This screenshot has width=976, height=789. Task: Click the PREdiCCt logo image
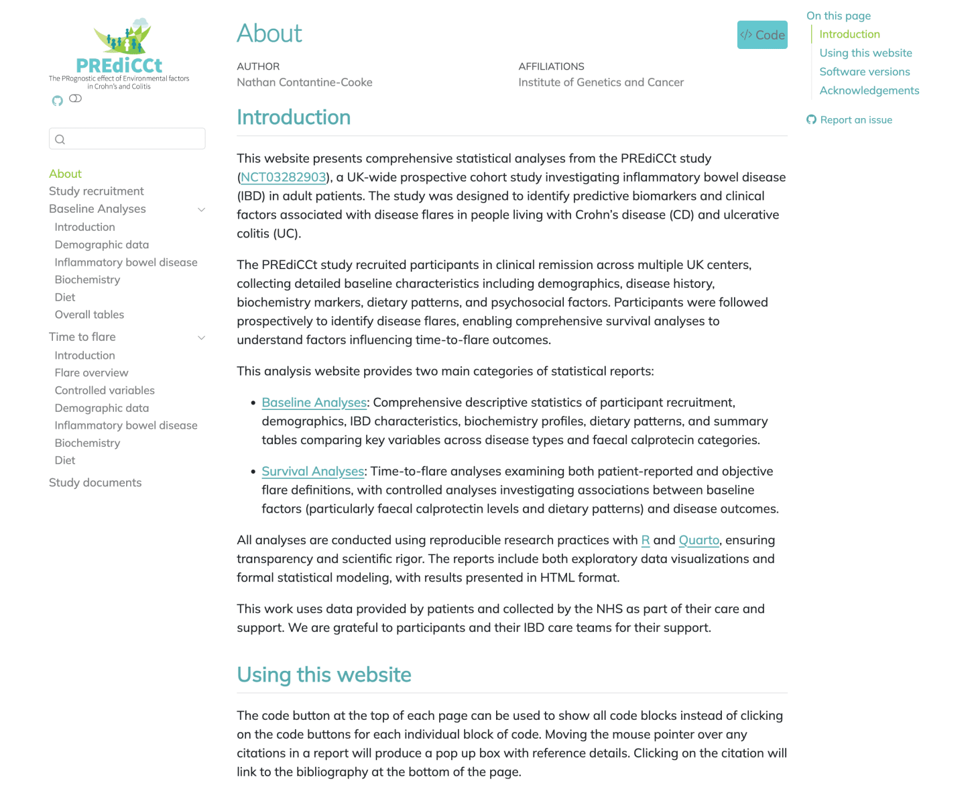click(119, 54)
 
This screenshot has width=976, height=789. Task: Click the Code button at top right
click(762, 35)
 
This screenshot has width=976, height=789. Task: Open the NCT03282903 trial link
click(283, 177)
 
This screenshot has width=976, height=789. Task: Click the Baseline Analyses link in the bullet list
click(314, 403)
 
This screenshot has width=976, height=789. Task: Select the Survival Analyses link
click(312, 471)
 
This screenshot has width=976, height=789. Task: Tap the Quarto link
click(698, 540)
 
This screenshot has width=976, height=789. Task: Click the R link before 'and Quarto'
click(646, 540)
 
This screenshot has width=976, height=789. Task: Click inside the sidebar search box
click(127, 139)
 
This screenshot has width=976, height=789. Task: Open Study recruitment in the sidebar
click(97, 191)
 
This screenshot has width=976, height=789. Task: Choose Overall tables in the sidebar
click(89, 315)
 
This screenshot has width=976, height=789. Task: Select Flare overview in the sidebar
click(91, 373)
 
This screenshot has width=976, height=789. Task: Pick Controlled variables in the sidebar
click(105, 390)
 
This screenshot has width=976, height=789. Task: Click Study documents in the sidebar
click(95, 482)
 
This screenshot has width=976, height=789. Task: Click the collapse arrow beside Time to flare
click(201, 337)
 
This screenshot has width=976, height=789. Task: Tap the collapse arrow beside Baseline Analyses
click(201, 209)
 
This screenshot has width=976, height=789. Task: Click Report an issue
click(855, 120)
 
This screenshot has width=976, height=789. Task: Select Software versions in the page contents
click(864, 72)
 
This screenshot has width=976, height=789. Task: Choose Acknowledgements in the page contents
click(869, 91)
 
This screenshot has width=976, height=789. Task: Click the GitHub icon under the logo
click(58, 101)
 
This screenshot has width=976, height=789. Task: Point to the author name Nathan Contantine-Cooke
click(304, 83)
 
